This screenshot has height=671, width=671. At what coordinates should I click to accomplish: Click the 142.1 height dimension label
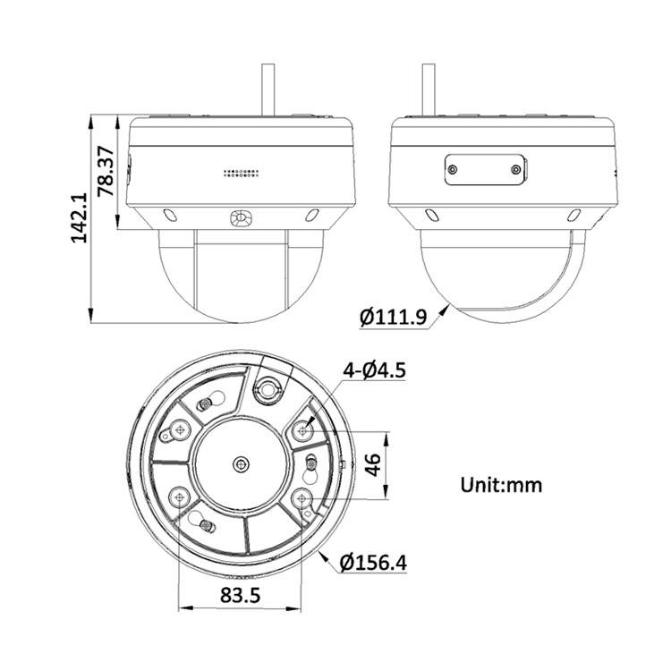[x=80, y=217]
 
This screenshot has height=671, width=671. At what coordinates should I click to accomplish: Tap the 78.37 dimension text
[x=106, y=171]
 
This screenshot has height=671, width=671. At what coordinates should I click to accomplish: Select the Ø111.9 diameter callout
[x=394, y=318]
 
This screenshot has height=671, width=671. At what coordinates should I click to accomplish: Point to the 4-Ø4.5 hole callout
[x=375, y=370]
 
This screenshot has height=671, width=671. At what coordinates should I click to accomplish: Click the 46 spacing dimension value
[x=374, y=465]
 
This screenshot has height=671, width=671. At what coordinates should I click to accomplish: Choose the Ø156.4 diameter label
[x=373, y=563]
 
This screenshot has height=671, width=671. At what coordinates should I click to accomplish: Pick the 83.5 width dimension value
[x=240, y=595]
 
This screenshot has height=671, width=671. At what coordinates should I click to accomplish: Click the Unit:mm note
[x=501, y=485]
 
